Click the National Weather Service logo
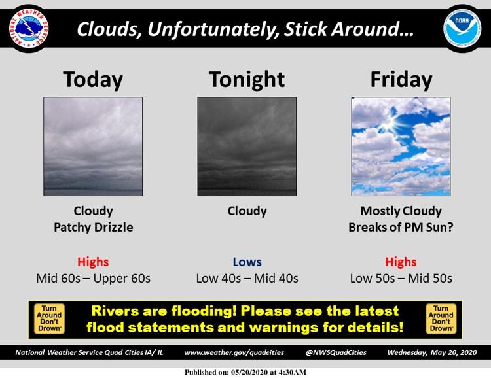tap(29, 29)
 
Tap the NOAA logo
tap(462, 29)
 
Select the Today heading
tap(93, 80)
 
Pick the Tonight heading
tap(247, 80)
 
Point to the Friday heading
tap(401, 80)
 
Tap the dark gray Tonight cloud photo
tap(247, 146)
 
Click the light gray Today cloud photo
tap(93, 146)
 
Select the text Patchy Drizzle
tap(94, 227)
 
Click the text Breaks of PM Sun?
tap(401, 227)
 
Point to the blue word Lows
tap(247, 262)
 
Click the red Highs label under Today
tap(93, 262)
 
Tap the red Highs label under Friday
tap(401, 262)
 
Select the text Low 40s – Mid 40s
tap(247, 278)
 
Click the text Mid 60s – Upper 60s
tap(94, 278)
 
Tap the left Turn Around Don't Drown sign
tap(49, 319)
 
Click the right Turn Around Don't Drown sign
tap(441, 319)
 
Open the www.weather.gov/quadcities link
tap(234, 352)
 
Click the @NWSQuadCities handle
tap(336, 352)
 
